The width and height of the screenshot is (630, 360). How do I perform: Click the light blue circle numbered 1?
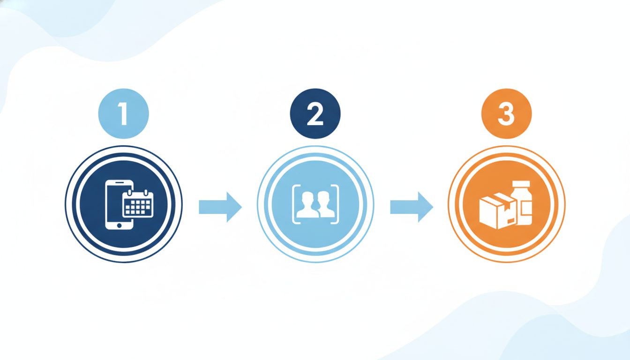click(123, 113)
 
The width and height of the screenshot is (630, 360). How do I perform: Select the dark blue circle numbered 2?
click(315, 113)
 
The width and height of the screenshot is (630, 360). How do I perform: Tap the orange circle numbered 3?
click(507, 113)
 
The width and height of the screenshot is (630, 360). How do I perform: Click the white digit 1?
click(123, 113)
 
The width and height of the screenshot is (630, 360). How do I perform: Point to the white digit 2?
click(315, 113)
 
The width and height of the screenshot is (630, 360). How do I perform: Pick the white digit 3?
click(506, 113)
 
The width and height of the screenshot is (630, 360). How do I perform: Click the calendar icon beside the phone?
click(138, 203)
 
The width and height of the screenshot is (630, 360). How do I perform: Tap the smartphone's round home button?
click(119, 225)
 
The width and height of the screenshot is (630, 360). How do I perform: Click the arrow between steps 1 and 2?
click(220, 207)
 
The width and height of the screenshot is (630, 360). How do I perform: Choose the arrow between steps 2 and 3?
click(412, 207)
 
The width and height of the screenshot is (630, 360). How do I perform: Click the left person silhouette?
click(307, 205)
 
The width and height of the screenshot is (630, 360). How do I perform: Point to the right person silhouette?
click(326, 205)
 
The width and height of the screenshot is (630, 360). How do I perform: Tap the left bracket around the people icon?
click(294, 204)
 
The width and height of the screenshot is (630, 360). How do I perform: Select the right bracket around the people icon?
click(337, 204)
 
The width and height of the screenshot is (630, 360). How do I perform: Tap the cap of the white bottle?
click(521, 184)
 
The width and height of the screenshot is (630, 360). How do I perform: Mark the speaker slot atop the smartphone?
click(119, 183)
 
